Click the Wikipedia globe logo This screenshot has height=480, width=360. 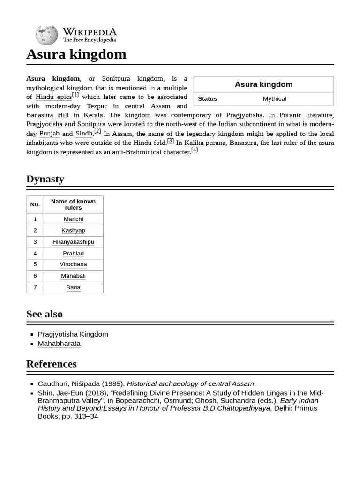click(46, 35)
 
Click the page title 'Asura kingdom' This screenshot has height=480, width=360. click(76, 54)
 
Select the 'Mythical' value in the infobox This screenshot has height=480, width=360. click(274, 99)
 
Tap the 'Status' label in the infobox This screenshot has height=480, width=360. click(207, 99)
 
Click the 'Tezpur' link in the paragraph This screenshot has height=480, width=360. click(97, 106)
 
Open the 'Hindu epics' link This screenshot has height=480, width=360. click(53, 97)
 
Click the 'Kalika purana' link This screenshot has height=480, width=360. click(205, 143)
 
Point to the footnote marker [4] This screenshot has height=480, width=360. click(195, 150)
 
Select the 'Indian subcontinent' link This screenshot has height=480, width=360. click(247, 124)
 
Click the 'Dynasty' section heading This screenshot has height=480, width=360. click(45, 179)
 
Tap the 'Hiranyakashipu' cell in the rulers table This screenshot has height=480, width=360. click(73, 242)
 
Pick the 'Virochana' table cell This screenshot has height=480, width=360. click(73, 264)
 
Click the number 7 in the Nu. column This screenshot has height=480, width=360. click(35, 287)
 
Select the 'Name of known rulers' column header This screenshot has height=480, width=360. click(73, 204)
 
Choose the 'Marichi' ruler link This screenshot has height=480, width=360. click(73, 219)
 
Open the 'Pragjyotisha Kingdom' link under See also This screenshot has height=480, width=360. click(73, 334)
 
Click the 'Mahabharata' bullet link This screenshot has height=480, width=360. click(59, 344)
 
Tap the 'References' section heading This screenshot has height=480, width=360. click(51, 364)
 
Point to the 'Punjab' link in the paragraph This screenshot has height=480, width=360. click(49, 134)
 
